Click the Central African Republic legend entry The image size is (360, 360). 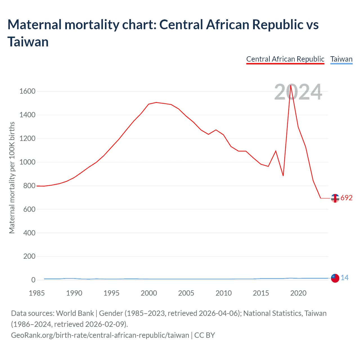click(x=285, y=59)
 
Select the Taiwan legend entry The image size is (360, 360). click(x=341, y=59)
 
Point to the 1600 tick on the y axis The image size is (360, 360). click(x=27, y=91)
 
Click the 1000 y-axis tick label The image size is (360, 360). click(x=27, y=162)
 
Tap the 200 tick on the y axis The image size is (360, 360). click(x=30, y=256)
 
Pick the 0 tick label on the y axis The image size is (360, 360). click(x=33, y=280)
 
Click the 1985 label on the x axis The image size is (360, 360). click(x=37, y=293)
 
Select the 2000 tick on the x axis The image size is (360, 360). click(x=149, y=293)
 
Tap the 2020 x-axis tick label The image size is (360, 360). click(x=298, y=293)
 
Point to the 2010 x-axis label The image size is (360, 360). click(x=224, y=293)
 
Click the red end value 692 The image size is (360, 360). click(x=346, y=198)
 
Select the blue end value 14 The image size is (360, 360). click(x=345, y=278)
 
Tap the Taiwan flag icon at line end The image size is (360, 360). click(x=335, y=278)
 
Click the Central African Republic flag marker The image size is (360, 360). click(x=335, y=198)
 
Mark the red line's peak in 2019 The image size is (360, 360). click(x=291, y=85)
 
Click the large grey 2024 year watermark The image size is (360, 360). click(x=298, y=92)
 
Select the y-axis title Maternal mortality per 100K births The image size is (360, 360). click(x=12, y=178)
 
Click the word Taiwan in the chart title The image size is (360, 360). click(x=28, y=42)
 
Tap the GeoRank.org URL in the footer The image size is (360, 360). click(x=100, y=335)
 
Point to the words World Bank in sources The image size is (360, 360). click(x=75, y=313)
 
